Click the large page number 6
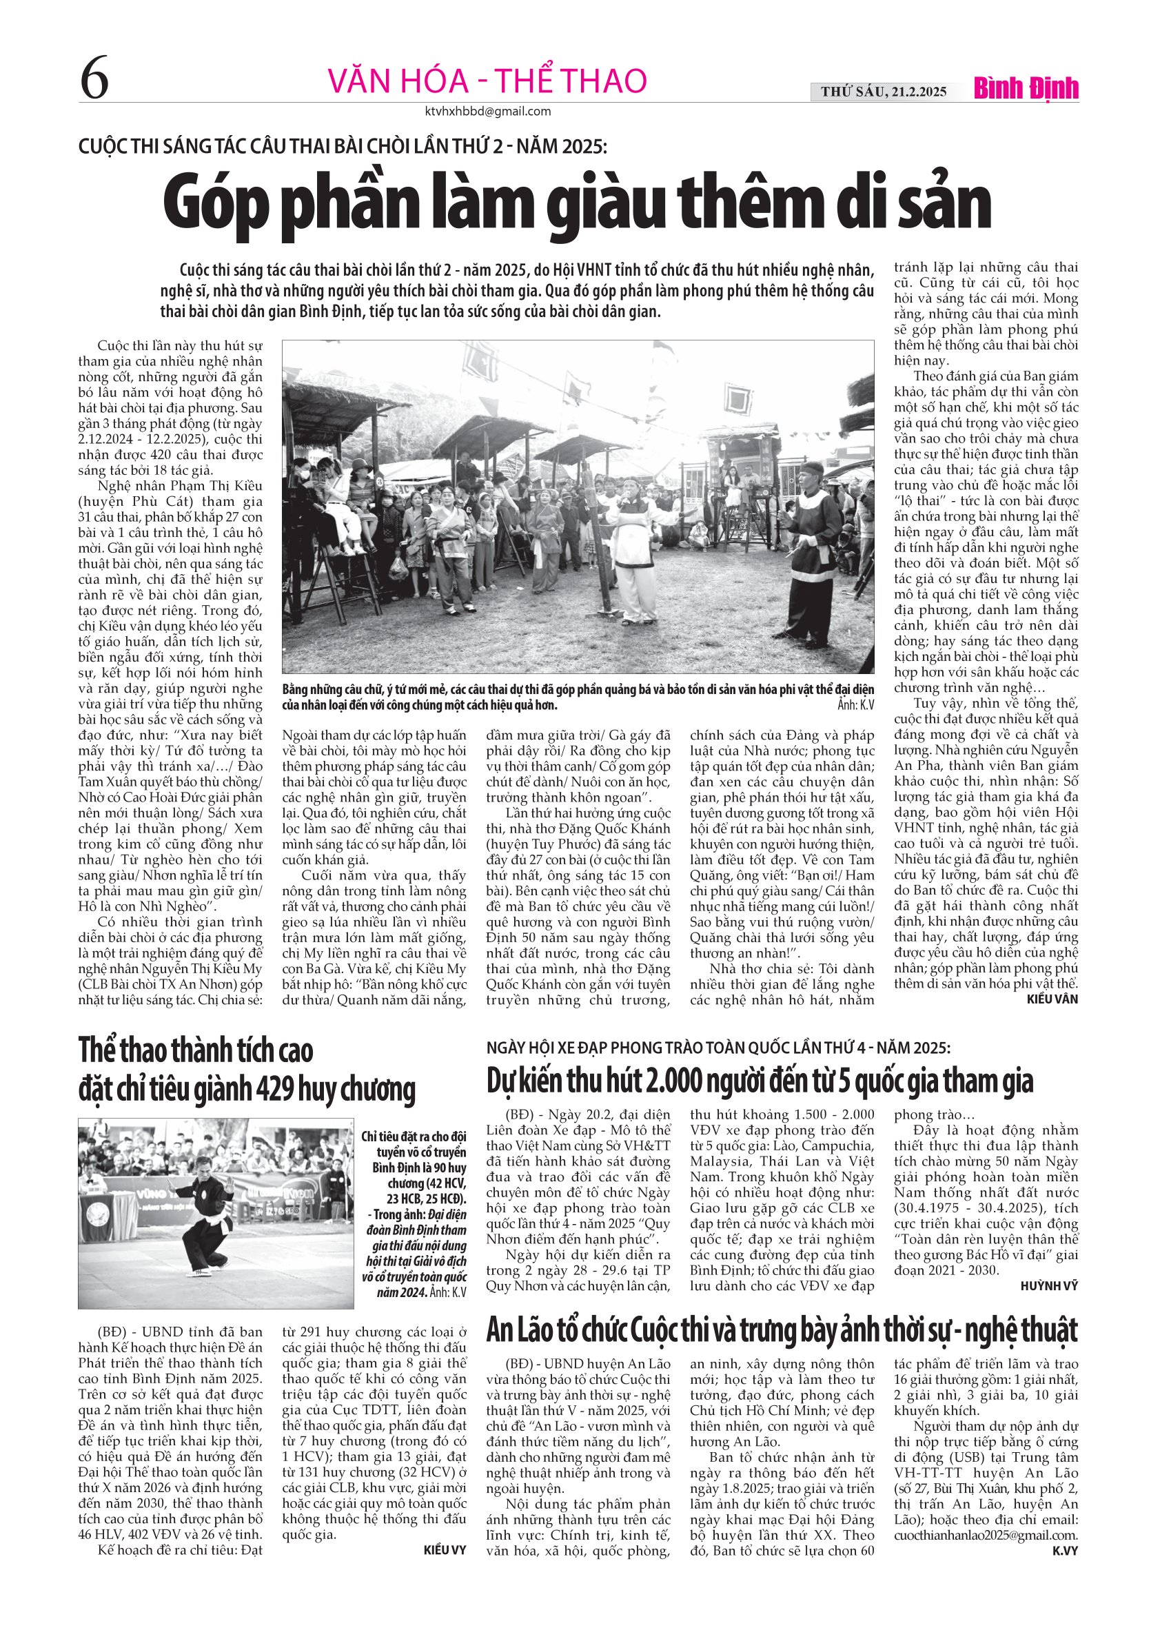click(x=94, y=81)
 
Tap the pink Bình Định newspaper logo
click(x=1026, y=90)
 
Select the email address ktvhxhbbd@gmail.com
click(x=487, y=112)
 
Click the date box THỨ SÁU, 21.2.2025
click(x=884, y=92)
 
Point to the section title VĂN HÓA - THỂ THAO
click(x=487, y=81)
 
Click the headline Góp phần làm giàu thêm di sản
click(x=578, y=205)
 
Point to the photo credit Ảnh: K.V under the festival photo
click(x=855, y=706)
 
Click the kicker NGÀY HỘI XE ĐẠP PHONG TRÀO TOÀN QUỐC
click(x=718, y=1048)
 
